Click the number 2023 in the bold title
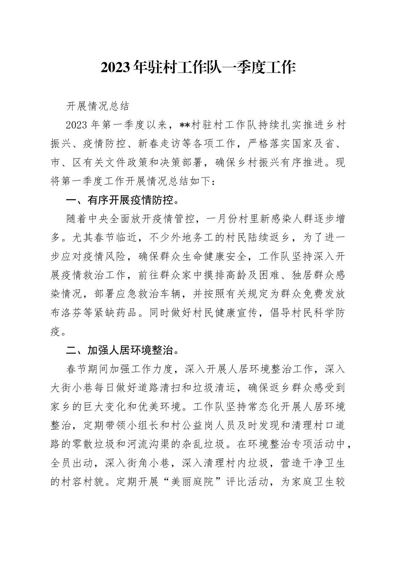pos(115,68)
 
